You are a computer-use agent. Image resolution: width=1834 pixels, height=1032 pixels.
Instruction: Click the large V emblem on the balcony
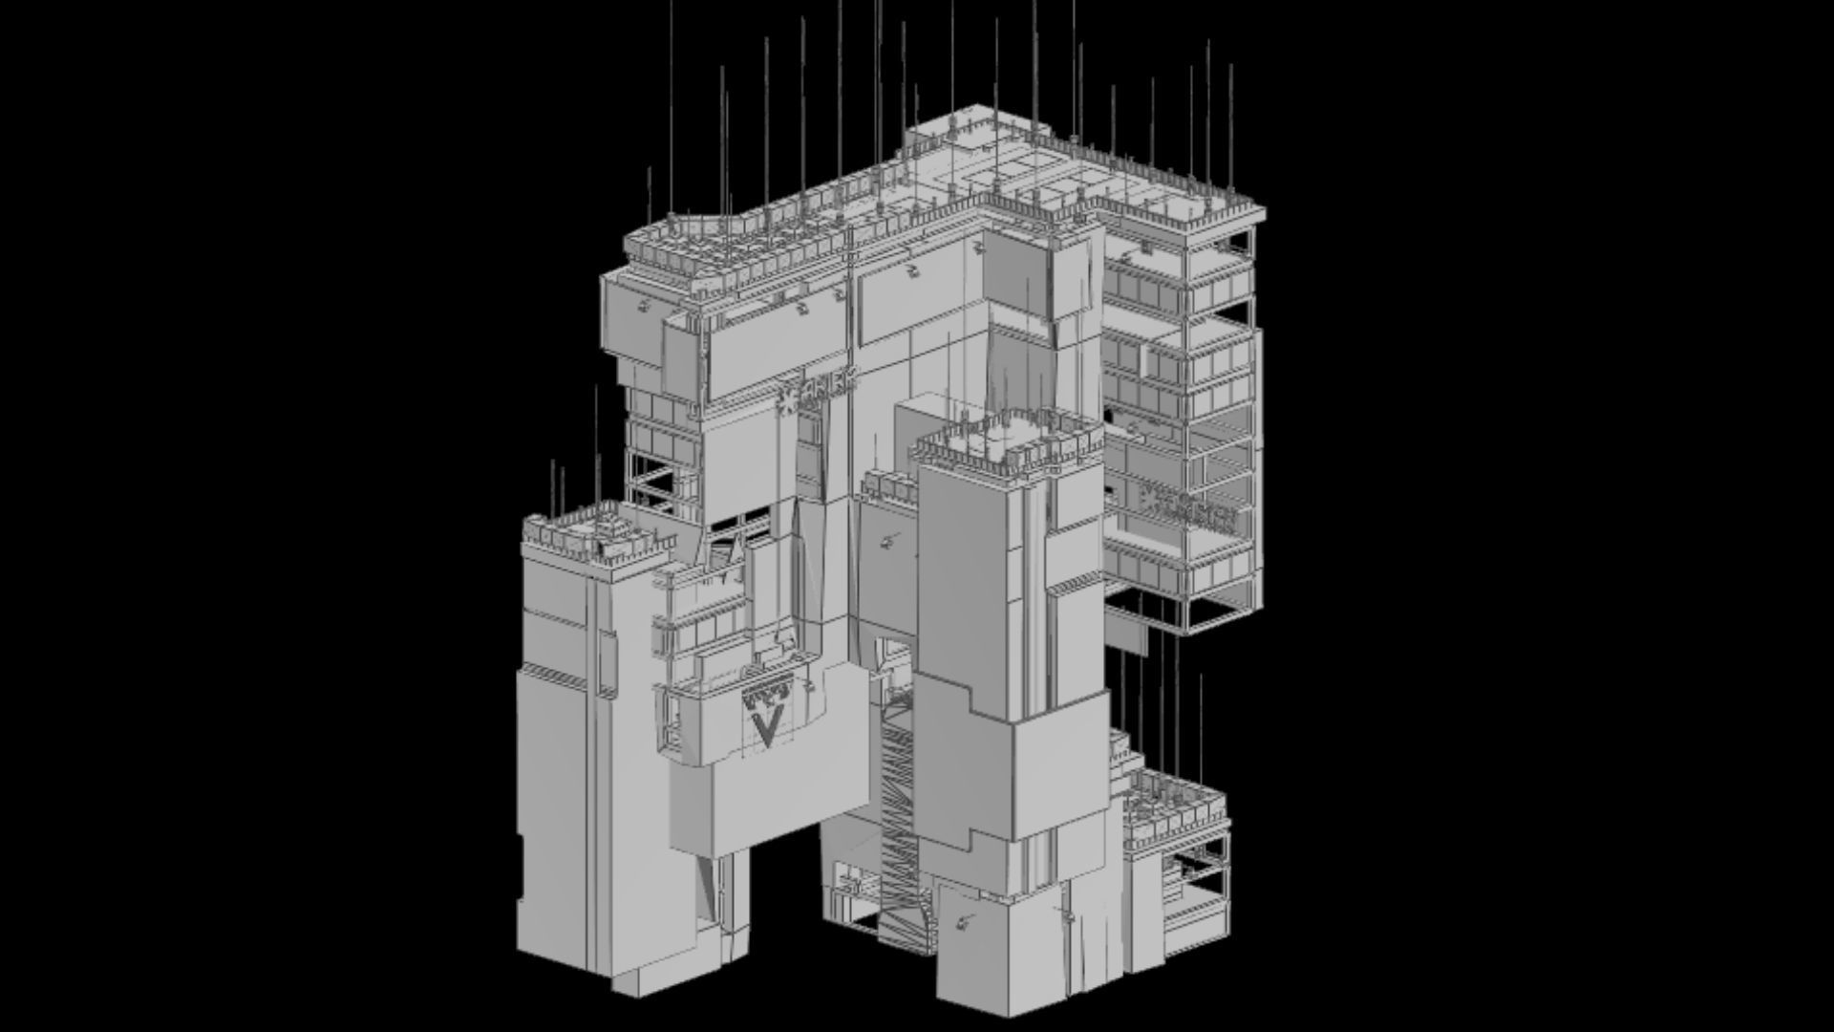coord(766,726)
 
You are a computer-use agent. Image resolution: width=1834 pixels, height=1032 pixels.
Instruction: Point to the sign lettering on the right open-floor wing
coord(1189,505)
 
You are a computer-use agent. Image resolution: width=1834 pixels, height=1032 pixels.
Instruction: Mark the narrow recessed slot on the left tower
coord(605,659)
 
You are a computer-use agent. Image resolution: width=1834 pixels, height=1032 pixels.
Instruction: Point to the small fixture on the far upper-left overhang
coord(645,305)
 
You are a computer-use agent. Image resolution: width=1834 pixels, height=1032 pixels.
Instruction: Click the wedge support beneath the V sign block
coord(705,884)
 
